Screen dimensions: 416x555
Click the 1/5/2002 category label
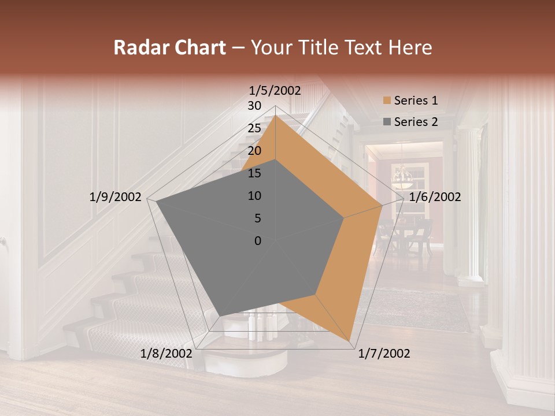point(275,91)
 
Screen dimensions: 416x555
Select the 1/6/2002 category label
point(435,197)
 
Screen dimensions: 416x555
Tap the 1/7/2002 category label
point(384,354)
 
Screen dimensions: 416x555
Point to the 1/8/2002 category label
point(166,354)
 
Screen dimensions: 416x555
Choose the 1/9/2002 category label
point(116,197)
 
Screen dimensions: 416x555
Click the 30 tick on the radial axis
point(254,106)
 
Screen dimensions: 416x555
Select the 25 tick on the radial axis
point(254,128)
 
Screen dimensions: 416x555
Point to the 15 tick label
point(254,173)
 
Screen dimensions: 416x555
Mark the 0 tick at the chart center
point(258,241)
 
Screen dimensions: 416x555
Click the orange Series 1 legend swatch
point(387,101)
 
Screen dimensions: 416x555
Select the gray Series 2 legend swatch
point(387,122)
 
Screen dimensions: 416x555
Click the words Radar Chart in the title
point(169,48)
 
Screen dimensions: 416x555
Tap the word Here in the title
point(410,48)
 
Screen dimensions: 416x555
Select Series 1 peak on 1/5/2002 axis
point(275,115)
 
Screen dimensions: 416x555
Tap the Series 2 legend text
point(416,122)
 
